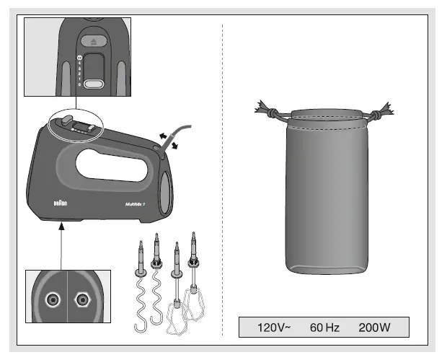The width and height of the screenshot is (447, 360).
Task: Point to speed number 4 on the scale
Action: [x=79, y=62]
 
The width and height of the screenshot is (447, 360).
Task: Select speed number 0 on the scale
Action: [x=79, y=84]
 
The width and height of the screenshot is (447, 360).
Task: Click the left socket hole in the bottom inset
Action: [x=52, y=299]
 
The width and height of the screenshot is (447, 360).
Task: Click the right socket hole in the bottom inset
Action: [x=82, y=299]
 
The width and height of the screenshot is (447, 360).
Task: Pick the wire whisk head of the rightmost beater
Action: [x=194, y=303]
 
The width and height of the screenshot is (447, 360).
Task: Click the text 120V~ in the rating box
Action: [x=273, y=328]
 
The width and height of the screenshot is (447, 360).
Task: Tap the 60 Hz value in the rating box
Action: [x=324, y=328]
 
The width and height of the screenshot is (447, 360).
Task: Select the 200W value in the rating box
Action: [x=374, y=328]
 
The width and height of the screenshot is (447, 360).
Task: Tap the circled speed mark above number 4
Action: [x=79, y=56]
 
